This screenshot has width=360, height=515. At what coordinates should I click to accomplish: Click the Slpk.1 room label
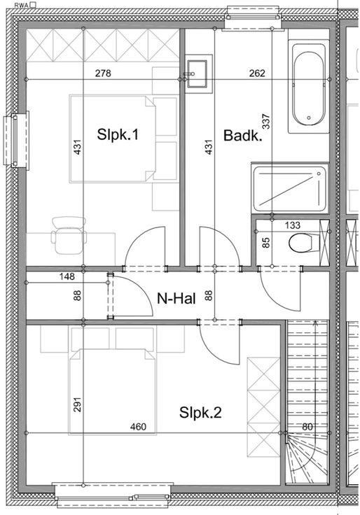[x=118, y=134]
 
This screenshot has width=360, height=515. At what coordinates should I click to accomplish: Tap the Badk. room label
[x=242, y=135]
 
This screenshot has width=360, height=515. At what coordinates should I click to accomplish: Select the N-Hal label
[x=176, y=299]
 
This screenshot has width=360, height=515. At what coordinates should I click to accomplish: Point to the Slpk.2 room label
[x=200, y=413]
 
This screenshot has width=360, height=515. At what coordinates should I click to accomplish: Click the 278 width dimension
[x=103, y=73]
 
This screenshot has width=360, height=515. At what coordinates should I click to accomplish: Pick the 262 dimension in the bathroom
[x=257, y=73]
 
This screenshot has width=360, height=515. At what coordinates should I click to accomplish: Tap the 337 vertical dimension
[x=266, y=121]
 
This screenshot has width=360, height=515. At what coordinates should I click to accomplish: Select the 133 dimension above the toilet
[x=293, y=225]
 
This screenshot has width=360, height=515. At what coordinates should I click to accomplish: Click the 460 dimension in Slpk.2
[x=138, y=427]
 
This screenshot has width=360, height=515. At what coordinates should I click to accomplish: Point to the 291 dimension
[x=78, y=404]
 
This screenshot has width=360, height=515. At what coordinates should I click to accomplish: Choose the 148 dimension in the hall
[x=67, y=276]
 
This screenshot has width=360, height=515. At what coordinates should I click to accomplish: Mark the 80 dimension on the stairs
[x=307, y=427]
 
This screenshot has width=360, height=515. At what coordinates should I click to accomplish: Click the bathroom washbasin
[x=198, y=74]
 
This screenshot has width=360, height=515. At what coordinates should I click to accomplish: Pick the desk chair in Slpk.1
[x=69, y=235]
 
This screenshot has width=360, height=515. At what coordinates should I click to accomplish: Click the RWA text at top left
[x=22, y=5]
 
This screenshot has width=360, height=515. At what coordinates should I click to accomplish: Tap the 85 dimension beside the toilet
[x=266, y=242]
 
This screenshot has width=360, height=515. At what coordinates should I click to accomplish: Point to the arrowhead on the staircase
[x=316, y=323]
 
